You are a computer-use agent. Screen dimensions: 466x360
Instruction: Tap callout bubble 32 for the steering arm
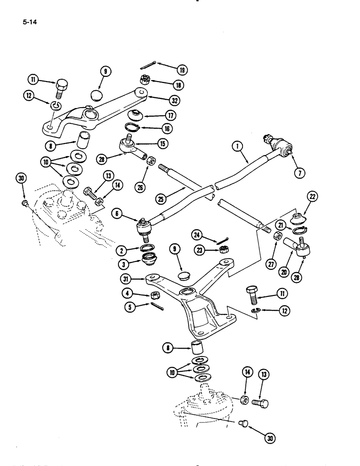[175, 100]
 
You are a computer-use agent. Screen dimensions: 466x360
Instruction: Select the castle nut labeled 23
[224, 250]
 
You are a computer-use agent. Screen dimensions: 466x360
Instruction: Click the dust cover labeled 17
[137, 115]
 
